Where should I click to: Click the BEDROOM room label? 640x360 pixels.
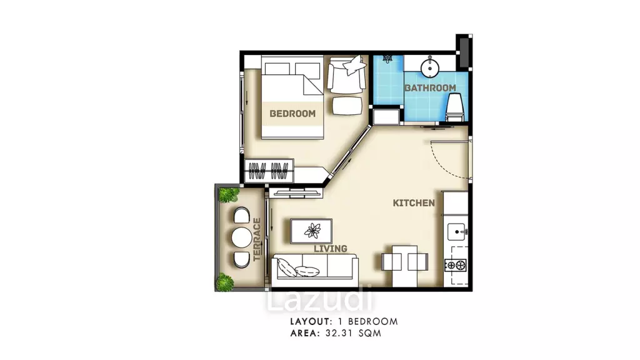pos(292,114)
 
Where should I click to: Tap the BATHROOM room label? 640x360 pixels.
pos(430,87)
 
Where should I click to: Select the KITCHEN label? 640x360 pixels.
pos(414,203)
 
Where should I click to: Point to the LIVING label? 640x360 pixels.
pos(331,249)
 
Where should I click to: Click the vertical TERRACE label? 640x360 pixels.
pos(257,239)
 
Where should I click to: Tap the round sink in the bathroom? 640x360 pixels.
pos(429,67)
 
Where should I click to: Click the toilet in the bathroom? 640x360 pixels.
pos(454,107)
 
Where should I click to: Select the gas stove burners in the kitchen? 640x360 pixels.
pos(456,266)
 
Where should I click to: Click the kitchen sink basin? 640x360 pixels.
pos(457,232)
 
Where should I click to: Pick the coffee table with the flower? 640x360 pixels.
pos(311,231)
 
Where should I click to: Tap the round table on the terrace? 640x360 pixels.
pos(242,237)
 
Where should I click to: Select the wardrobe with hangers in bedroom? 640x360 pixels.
pos(269,170)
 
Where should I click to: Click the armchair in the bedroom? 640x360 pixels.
pos(346,74)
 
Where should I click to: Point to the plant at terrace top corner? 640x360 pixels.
pos(229,194)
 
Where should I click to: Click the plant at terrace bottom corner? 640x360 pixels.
pos(225,282)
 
